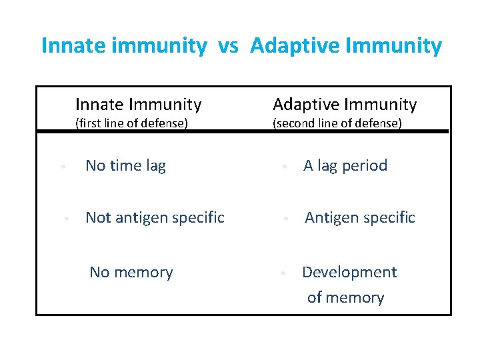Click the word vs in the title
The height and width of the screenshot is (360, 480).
(229, 46)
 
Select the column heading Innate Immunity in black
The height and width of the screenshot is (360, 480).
(138, 105)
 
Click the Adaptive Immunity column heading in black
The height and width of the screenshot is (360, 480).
(345, 105)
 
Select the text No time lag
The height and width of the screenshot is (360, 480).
(125, 166)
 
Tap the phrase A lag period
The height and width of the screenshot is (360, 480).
(345, 166)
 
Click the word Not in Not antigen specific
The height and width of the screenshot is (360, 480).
(98, 217)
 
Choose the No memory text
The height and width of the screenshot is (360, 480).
(131, 272)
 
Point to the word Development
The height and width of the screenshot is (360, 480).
(349, 272)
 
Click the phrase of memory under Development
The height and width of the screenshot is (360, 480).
(345, 297)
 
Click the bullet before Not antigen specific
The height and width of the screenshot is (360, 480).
(66, 219)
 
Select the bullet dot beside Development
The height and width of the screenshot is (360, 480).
(284, 273)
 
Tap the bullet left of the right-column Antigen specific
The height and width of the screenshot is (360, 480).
(284, 219)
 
